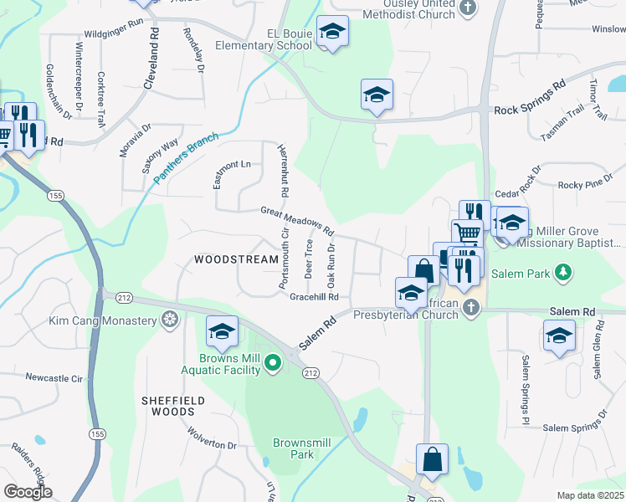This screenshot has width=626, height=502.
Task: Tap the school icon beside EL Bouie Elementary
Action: click(x=333, y=33)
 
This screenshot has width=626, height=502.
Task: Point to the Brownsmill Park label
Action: click(x=293, y=448)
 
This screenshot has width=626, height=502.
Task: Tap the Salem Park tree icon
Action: click(x=565, y=272)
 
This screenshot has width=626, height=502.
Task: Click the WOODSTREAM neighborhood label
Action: click(x=236, y=259)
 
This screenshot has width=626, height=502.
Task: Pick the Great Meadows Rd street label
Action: click(x=297, y=220)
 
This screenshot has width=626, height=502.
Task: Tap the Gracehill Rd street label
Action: click(x=314, y=297)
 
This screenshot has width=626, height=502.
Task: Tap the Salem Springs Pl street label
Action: click(x=526, y=386)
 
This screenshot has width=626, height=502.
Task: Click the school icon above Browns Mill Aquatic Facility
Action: click(x=222, y=332)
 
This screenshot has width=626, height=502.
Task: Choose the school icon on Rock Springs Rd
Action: click(x=377, y=95)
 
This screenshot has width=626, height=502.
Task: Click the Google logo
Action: click(x=28, y=492)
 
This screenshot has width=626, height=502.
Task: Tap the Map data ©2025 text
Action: click(x=589, y=495)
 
